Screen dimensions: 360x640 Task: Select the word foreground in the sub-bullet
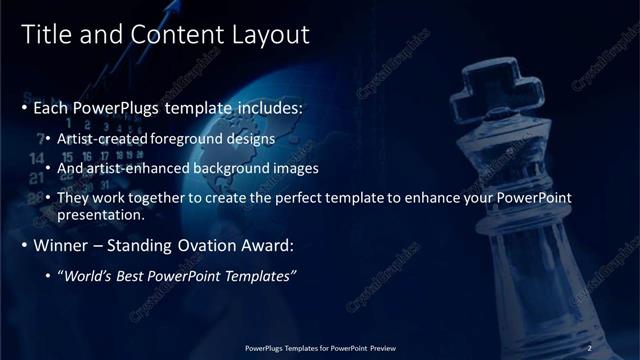click(196, 140)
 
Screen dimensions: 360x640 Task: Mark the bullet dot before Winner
click(25, 245)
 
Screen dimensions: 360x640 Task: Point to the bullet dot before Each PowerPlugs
click(25, 106)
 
